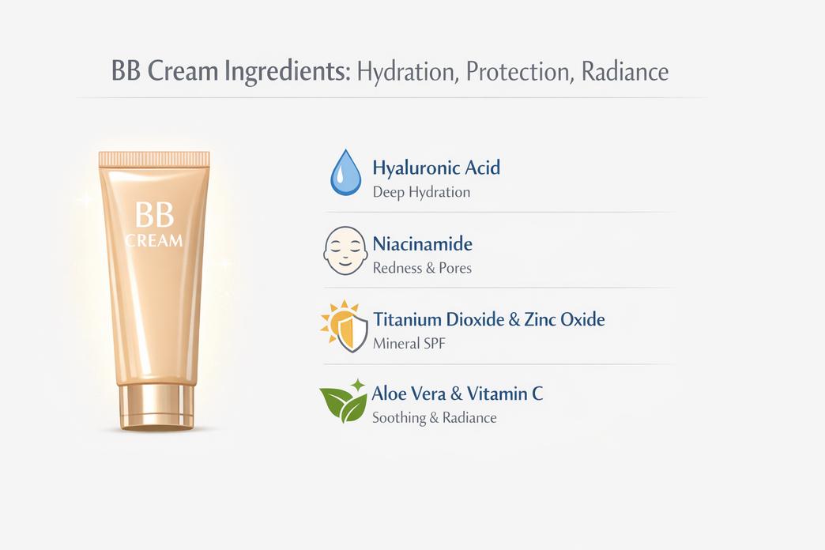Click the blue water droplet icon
tap(345, 173)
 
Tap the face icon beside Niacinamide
tap(345, 251)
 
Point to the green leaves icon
tap(345, 401)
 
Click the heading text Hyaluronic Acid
tap(435, 168)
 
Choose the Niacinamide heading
tap(422, 243)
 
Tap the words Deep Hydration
tap(420, 192)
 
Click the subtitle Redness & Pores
tap(421, 268)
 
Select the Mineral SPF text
tap(410, 344)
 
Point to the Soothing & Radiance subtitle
tap(434, 418)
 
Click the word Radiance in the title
tap(624, 72)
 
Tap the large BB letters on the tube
tap(154, 214)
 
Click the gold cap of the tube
tap(156, 406)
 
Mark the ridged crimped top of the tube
tap(154, 159)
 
